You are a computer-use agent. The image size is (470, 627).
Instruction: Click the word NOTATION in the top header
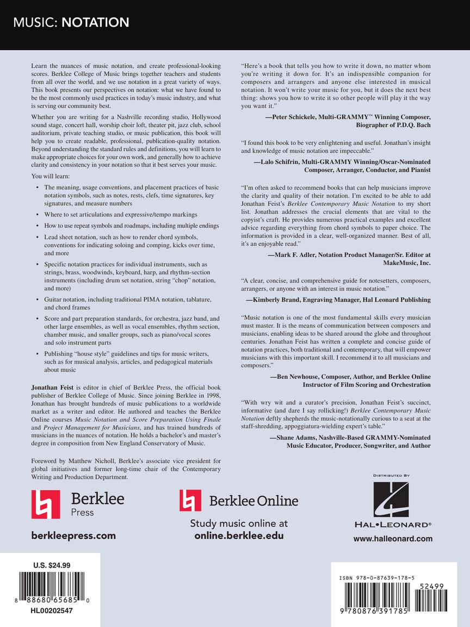(x=95, y=23)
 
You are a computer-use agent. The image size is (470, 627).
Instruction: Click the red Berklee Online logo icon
(x=190, y=500)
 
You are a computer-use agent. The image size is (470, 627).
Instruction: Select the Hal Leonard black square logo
(x=391, y=499)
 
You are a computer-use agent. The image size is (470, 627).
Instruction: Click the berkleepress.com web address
(x=73, y=536)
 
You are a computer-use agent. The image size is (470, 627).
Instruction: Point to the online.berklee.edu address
(x=239, y=536)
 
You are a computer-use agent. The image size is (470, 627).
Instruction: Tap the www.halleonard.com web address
(x=393, y=539)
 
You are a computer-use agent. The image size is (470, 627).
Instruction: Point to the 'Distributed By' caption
(x=391, y=475)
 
